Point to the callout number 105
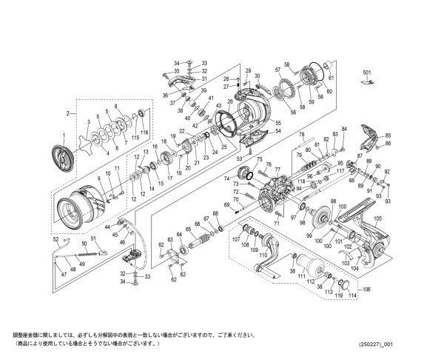[377, 219]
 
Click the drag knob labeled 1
[61, 154]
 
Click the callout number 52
[55, 239]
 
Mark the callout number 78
[301, 134]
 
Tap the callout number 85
[387, 134]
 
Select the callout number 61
[331, 76]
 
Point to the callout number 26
[230, 102]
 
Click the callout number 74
[226, 179]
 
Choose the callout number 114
[352, 296]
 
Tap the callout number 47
[63, 274]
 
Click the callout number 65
[188, 230]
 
